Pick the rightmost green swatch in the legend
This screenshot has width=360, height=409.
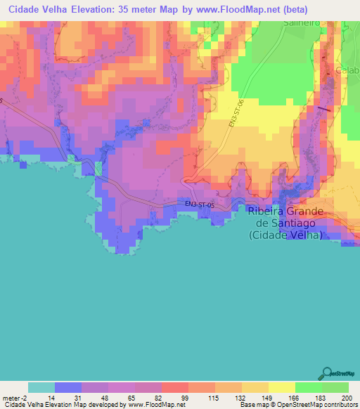pyautogui.click(x=335, y=387)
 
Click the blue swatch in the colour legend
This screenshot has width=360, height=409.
pyautogui.click(x=67, y=387)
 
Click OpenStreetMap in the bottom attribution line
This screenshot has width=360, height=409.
pyautogui.click(x=303, y=405)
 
